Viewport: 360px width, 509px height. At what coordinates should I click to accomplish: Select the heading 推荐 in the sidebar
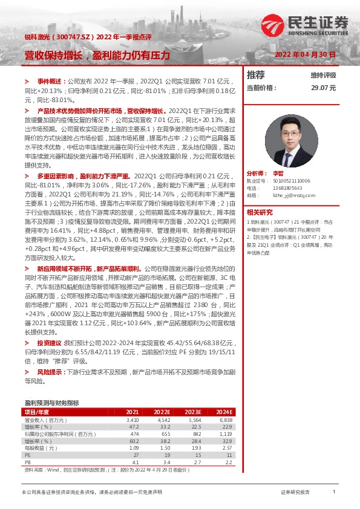tap(256, 75)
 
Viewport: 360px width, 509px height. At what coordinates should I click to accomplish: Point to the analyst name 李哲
tap(278, 172)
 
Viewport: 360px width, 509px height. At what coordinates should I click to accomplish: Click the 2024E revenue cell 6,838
tap(225, 419)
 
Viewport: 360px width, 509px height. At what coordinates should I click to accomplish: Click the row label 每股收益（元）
tap(40, 447)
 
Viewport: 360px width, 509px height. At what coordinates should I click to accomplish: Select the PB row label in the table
tap(28, 461)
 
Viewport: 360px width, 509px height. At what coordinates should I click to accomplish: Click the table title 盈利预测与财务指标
tap(51, 402)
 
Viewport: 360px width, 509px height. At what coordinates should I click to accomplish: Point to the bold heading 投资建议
tap(49, 343)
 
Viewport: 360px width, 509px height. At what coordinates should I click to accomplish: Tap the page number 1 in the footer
tap(333, 493)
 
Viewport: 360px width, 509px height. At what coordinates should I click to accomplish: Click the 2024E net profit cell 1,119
tap(225, 433)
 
